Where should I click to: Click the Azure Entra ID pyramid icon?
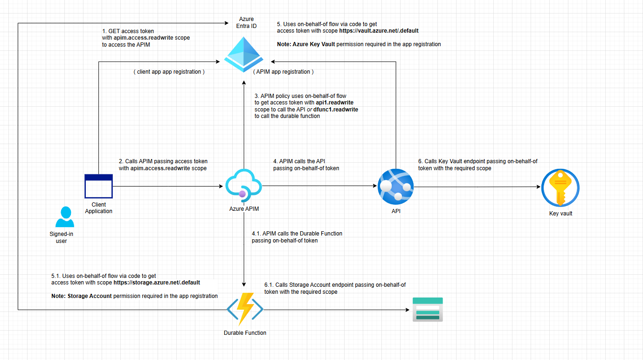point(244,55)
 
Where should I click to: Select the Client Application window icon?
point(98,186)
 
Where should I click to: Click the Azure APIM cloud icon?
point(243,186)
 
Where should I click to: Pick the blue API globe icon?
point(395,186)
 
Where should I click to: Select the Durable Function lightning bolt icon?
point(245,309)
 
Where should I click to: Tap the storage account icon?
point(428,309)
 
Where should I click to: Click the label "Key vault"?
point(560,214)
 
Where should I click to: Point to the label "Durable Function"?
point(245,333)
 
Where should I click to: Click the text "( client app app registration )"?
point(169,72)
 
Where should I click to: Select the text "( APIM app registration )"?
point(283,72)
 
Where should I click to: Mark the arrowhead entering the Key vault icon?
point(538,187)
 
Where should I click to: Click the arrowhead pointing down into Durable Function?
point(244,284)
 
